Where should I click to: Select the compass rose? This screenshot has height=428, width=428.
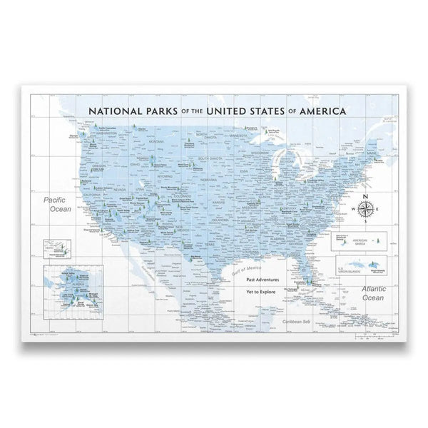point(365,208)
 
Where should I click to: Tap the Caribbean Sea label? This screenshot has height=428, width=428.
point(295,321)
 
